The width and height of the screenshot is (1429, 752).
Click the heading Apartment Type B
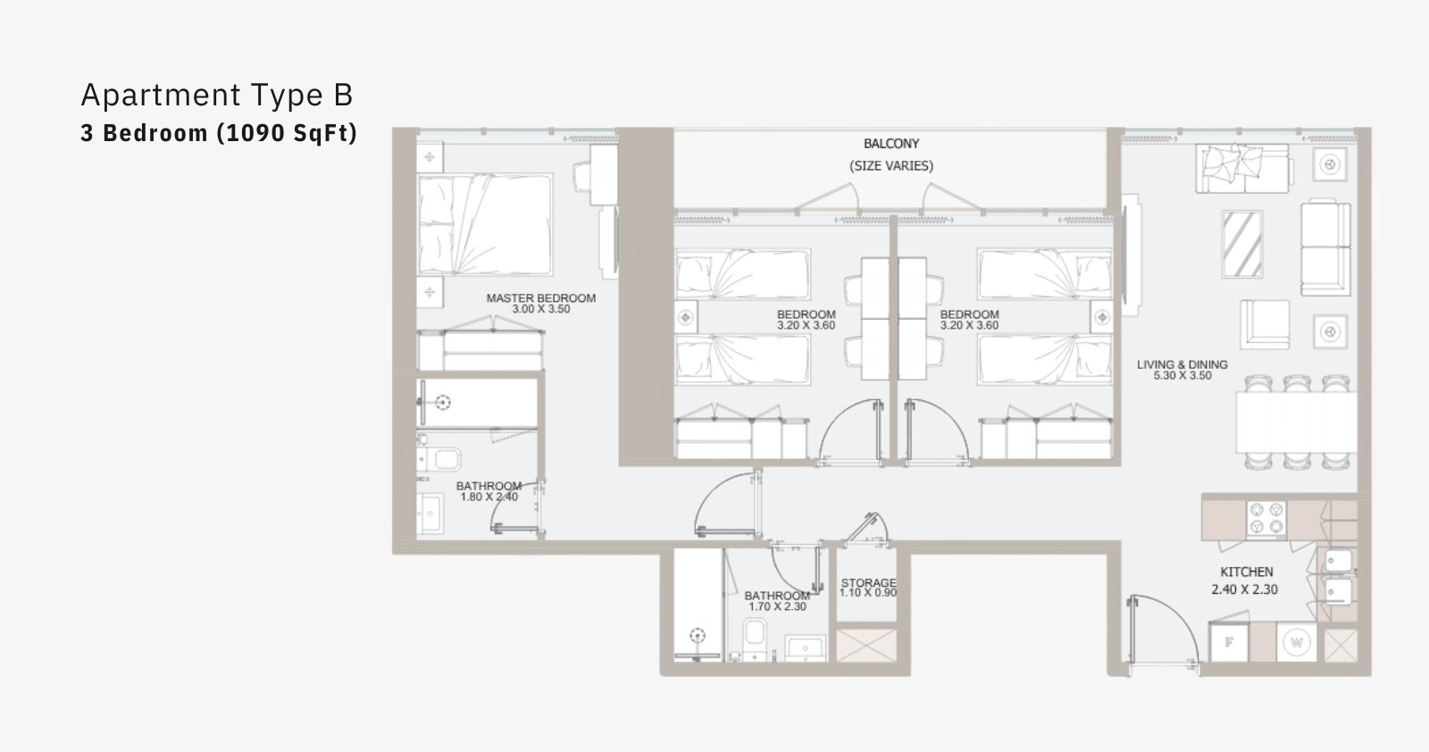click(217, 95)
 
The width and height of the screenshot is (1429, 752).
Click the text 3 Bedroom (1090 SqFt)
click(219, 133)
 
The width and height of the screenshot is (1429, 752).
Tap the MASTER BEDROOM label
click(541, 298)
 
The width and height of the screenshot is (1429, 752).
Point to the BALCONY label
click(891, 144)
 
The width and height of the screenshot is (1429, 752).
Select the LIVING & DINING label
click(1182, 365)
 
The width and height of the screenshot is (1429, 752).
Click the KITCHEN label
click(1247, 572)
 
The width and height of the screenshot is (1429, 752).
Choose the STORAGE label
click(868, 583)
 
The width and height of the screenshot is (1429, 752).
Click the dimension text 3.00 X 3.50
click(541, 309)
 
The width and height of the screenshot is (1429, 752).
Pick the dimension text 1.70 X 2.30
click(777, 606)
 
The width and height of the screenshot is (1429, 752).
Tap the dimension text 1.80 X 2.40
click(489, 497)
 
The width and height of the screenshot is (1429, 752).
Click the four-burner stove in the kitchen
click(1266, 519)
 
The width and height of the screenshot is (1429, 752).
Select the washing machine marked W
click(1297, 642)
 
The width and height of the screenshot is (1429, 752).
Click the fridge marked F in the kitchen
click(1229, 641)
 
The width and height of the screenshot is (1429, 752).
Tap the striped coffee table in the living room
click(1242, 245)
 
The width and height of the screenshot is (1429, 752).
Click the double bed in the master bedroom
click(485, 224)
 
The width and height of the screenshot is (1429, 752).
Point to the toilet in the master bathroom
click(441, 459)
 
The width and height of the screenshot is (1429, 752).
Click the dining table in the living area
click(1296, 422)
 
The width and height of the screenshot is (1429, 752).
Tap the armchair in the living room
click(1265, 325)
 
